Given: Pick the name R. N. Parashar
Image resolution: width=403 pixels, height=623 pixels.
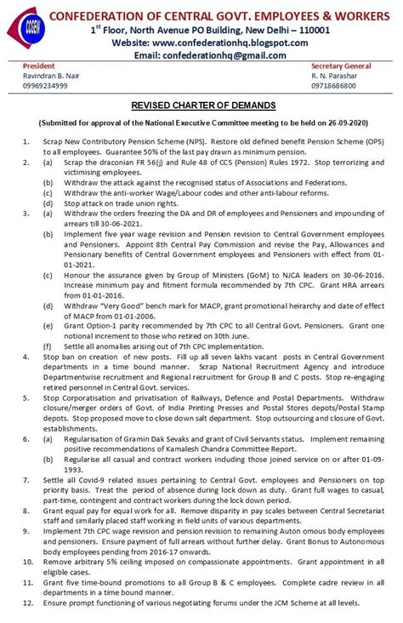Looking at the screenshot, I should coord(335,76).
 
